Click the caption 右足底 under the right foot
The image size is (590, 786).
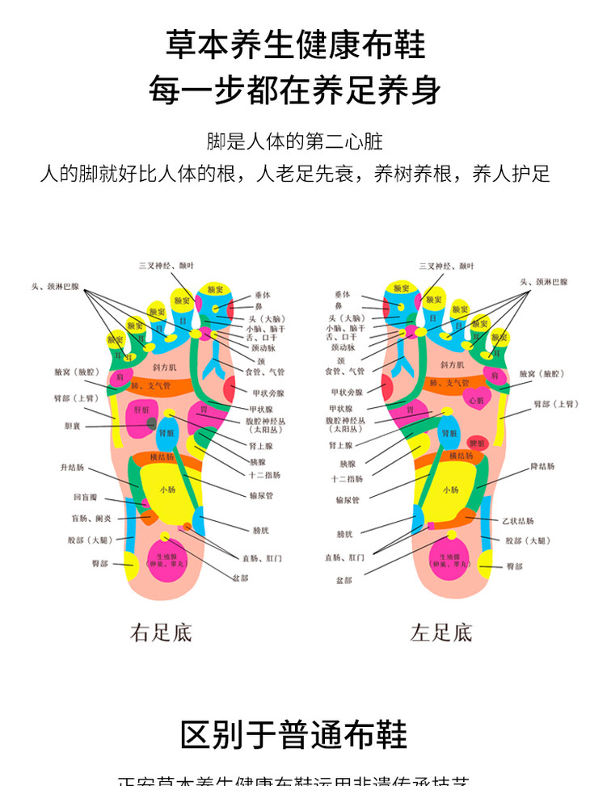click(x=161, y=633)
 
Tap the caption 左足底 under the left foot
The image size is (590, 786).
click(x=441, y=633)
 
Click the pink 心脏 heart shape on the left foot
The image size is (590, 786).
click(x=477, y=399)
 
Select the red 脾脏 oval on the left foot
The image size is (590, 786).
click(x=478, y=443)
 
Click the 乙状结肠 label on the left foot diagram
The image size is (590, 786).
click(x=516, y=521)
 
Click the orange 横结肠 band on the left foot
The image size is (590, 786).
click(x=461, y=456)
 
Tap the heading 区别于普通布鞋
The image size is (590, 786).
click(x=294, y=735)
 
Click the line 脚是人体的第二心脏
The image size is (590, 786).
click(x=294, y=143)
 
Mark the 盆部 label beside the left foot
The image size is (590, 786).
click(x=344, y=579)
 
